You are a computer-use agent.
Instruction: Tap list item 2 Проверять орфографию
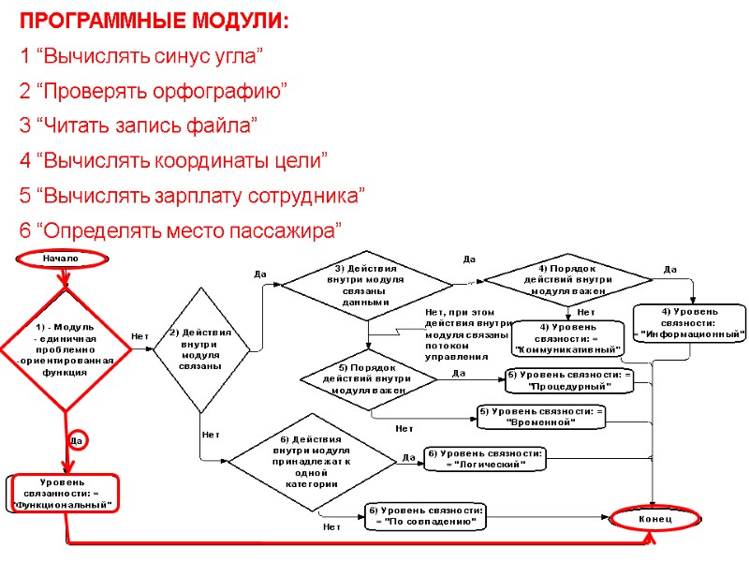click(153, 91)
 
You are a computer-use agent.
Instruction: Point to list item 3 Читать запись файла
click(138, 126)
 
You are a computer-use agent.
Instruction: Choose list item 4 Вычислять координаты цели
click(173, 161)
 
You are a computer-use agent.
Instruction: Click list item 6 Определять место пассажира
click(181, 230)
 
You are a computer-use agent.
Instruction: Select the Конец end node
click(654, 518)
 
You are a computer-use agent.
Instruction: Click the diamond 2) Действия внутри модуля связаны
click(200, 349)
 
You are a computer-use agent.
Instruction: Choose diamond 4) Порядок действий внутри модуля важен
click(567, 278)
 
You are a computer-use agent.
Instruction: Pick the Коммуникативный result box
click(568, 338)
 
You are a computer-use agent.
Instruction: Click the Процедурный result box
click(569, 379)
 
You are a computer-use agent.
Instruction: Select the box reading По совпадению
click(426, 515)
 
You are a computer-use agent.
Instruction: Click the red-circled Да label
click(78, 439)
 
